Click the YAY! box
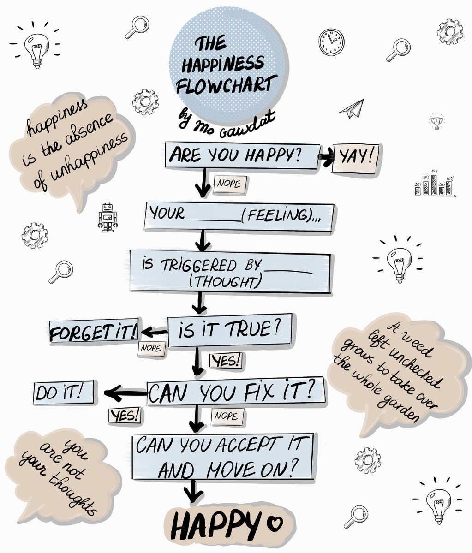(x=356, y=158)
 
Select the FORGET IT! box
(x=94, y=332)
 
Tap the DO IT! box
(x=64, y=393)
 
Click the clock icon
(x=331, y=42)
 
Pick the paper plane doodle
(x=352, y=109)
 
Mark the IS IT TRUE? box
(x=229, y=329)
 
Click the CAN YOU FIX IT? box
(x=236, y=393)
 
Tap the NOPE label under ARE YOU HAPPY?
(x=229, y=184)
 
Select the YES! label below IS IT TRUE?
(x=226, y=361)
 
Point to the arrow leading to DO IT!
(x=125, y=393)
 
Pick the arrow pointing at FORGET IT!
(x=155, y=332)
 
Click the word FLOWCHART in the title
(x=227, y=85)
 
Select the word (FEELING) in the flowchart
(x=275, y=215)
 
